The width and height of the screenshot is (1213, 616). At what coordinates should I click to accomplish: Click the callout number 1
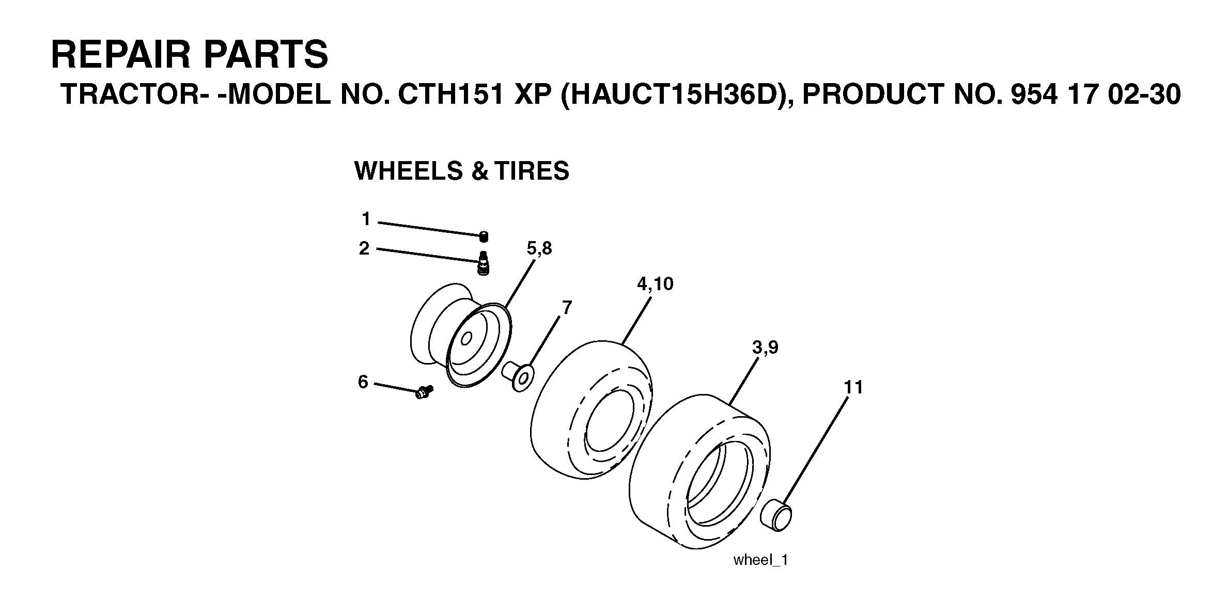tap(366, 219)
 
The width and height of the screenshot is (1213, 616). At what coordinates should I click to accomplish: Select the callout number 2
tap(364, 249)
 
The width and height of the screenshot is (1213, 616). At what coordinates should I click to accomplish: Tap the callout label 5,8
tap(539, 249)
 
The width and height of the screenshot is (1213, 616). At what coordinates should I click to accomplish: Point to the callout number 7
tap(567, 308)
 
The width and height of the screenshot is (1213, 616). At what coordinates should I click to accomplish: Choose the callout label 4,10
tap(655, 284)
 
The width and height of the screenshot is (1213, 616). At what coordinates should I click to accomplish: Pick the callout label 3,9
tap(765, 348)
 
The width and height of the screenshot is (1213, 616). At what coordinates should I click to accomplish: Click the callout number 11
tap(853, 387)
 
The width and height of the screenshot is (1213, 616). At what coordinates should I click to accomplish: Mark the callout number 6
tap(363, 382)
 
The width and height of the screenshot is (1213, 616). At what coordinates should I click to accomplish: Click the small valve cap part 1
tap(484, 236)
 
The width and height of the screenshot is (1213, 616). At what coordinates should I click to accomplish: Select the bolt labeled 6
tap(424, 392)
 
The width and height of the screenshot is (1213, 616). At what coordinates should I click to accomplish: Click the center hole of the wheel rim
tap(466, 339)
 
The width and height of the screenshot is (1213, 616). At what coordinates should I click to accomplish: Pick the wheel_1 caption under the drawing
tap(760, 560)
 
